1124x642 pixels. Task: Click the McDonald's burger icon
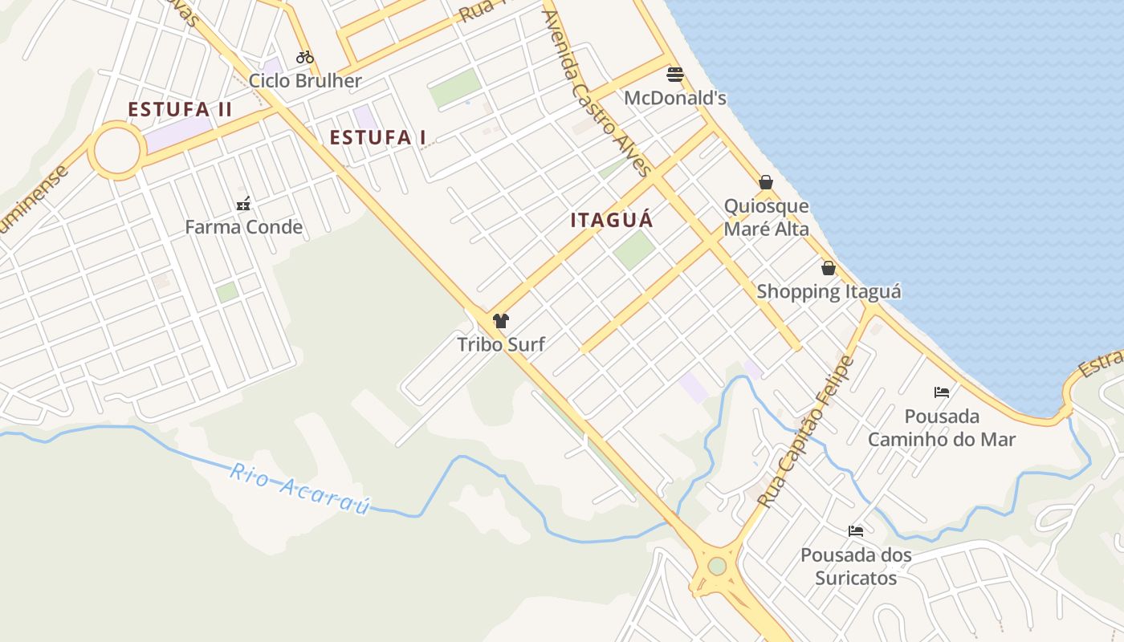pos(675,75)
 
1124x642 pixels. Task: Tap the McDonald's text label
pos(675,98)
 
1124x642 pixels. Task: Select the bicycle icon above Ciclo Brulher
pos(304,57)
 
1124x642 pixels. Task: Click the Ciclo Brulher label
pos(305,80)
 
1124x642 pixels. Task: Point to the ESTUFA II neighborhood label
pos(180,109)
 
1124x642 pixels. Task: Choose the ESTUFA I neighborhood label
pos(377,137)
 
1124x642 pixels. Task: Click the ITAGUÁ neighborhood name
pos(612,220)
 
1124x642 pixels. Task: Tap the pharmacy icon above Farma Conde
pos(243,204)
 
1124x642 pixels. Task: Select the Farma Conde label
pos(244,227)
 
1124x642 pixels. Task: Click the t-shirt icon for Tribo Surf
pos(501,321)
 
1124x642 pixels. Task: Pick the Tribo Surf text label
pos(501,344)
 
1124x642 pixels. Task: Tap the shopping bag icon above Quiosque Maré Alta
pos(766,182)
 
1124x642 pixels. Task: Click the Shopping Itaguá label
pos(829,291)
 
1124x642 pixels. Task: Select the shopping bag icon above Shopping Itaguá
pos(828,268)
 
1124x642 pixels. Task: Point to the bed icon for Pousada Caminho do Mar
pos(942,392)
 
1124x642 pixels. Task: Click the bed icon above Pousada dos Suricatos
pos(856,530)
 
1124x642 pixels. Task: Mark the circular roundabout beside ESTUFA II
pos(117,150)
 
